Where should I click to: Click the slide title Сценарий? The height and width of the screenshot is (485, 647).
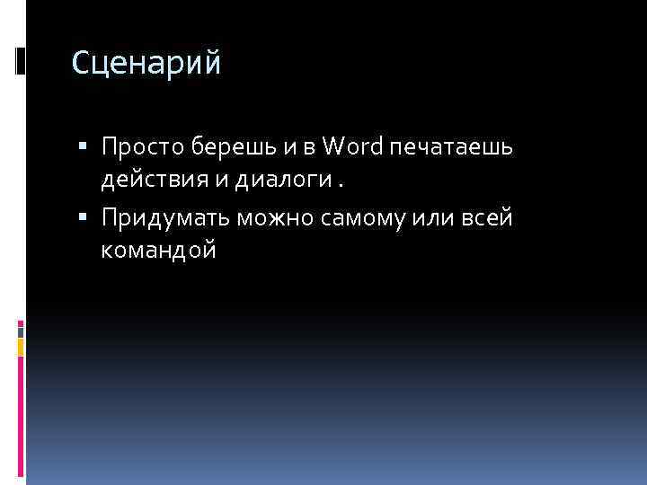145,64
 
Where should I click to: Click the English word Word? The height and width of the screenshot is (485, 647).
351,145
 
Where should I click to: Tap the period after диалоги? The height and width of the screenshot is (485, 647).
341,186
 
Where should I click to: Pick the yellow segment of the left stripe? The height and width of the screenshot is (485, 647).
21,345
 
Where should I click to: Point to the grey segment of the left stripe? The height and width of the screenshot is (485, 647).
21,330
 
